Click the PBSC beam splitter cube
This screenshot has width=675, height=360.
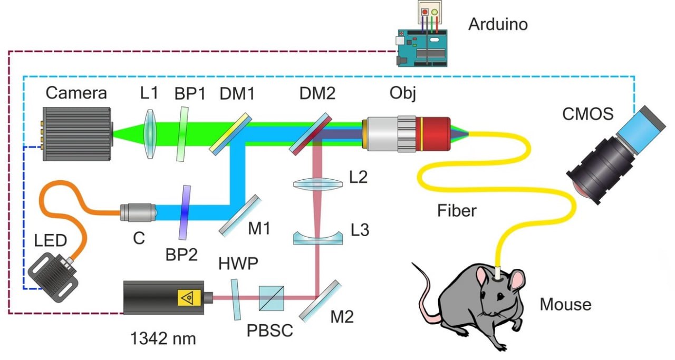[x=271, y=299]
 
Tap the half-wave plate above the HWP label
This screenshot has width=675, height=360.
[x=235, y=299]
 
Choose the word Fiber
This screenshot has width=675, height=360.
[x=457, y=211]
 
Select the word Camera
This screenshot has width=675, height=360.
[x=76, y=93]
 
